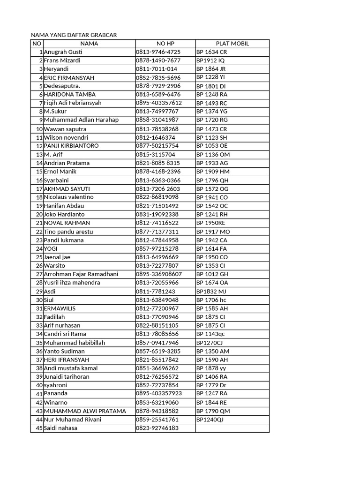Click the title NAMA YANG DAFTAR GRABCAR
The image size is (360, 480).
[x=74, y=35]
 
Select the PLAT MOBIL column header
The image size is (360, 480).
[x=232, y=44]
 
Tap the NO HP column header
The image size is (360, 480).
[x=165, y=44]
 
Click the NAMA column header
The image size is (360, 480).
[x=89, y=44]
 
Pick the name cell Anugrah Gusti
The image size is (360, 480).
[x=62, y=52]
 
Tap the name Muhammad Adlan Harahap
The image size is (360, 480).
[x=81, y=120]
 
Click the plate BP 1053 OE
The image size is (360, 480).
[x=212, y=146]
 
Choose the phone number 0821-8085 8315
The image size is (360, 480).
[x=158, y=163]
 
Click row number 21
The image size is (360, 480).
[x=39, y=223]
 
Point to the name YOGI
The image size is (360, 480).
[x=51, y=248]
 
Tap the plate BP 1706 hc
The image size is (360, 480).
[x=211, y=300]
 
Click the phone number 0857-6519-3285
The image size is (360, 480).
[x=158, y=351]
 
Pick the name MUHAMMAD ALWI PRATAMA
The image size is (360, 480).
[x=85, y=411]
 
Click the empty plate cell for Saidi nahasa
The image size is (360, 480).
[x=232, y=428]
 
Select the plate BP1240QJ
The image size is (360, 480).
[x=210, y=420]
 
